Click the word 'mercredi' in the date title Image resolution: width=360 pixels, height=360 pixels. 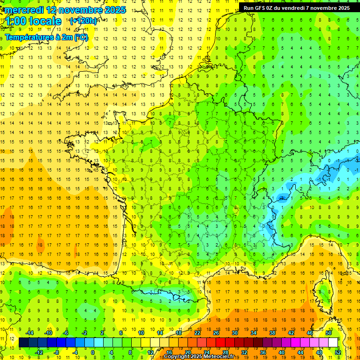click(23, 10)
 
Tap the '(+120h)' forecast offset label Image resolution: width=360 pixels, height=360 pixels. click(83, 21)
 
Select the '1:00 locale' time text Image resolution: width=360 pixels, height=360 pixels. click(33, 21)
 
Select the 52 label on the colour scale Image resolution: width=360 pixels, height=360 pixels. click(338, 352)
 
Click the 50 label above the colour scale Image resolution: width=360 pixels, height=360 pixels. click(329, 333)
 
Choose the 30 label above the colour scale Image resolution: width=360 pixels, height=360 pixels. click(235, 333)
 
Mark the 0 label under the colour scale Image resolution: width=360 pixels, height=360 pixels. click(93, 352)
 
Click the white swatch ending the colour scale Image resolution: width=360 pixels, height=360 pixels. click(333, 343)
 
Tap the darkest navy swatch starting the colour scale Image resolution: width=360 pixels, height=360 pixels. click(23, 343)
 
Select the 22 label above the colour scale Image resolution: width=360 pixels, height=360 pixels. click(197, 333)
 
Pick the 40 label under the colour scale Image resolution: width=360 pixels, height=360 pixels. click(282, 352)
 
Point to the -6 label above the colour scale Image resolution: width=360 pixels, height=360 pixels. click(66, 333)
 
